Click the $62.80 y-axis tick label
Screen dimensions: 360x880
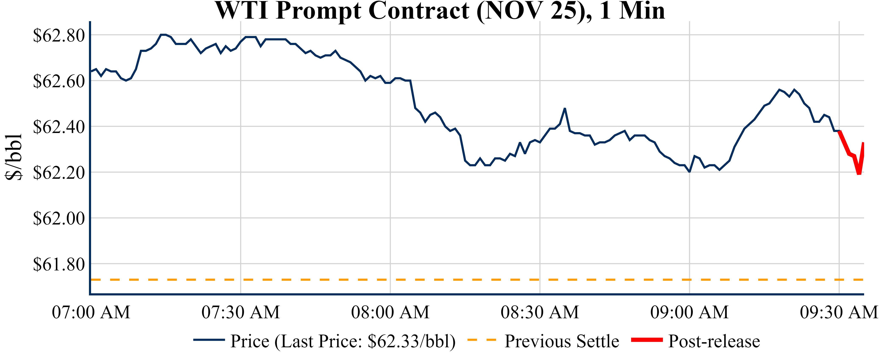(58, 36)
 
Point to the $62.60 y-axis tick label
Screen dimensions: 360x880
(58, 81)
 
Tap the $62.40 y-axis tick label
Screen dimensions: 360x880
(58, 127)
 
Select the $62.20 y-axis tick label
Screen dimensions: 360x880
(58, 173)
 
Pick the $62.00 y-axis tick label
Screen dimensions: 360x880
(58, 219)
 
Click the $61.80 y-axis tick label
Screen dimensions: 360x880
(58, 264)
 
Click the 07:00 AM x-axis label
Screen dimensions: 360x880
(91, 312)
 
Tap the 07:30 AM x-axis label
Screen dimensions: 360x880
(241, 312)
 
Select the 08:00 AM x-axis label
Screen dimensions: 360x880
(390, 312)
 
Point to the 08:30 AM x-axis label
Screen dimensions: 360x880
(540, 312)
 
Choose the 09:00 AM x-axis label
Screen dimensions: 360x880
(689, 312)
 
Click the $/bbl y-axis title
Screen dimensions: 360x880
(14, 157)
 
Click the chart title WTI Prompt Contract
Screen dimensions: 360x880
(440, 11)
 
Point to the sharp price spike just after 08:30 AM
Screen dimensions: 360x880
(565, 109)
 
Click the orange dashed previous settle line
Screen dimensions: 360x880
(444, 280)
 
